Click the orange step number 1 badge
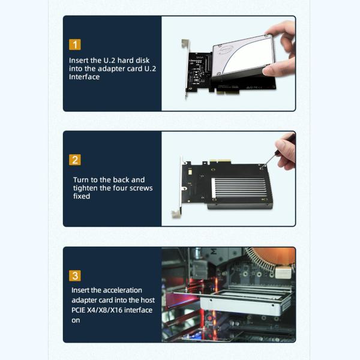75,44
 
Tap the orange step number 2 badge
75,160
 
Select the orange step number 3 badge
75,275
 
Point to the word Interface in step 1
85,77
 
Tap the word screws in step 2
141,188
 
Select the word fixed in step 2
82,196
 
